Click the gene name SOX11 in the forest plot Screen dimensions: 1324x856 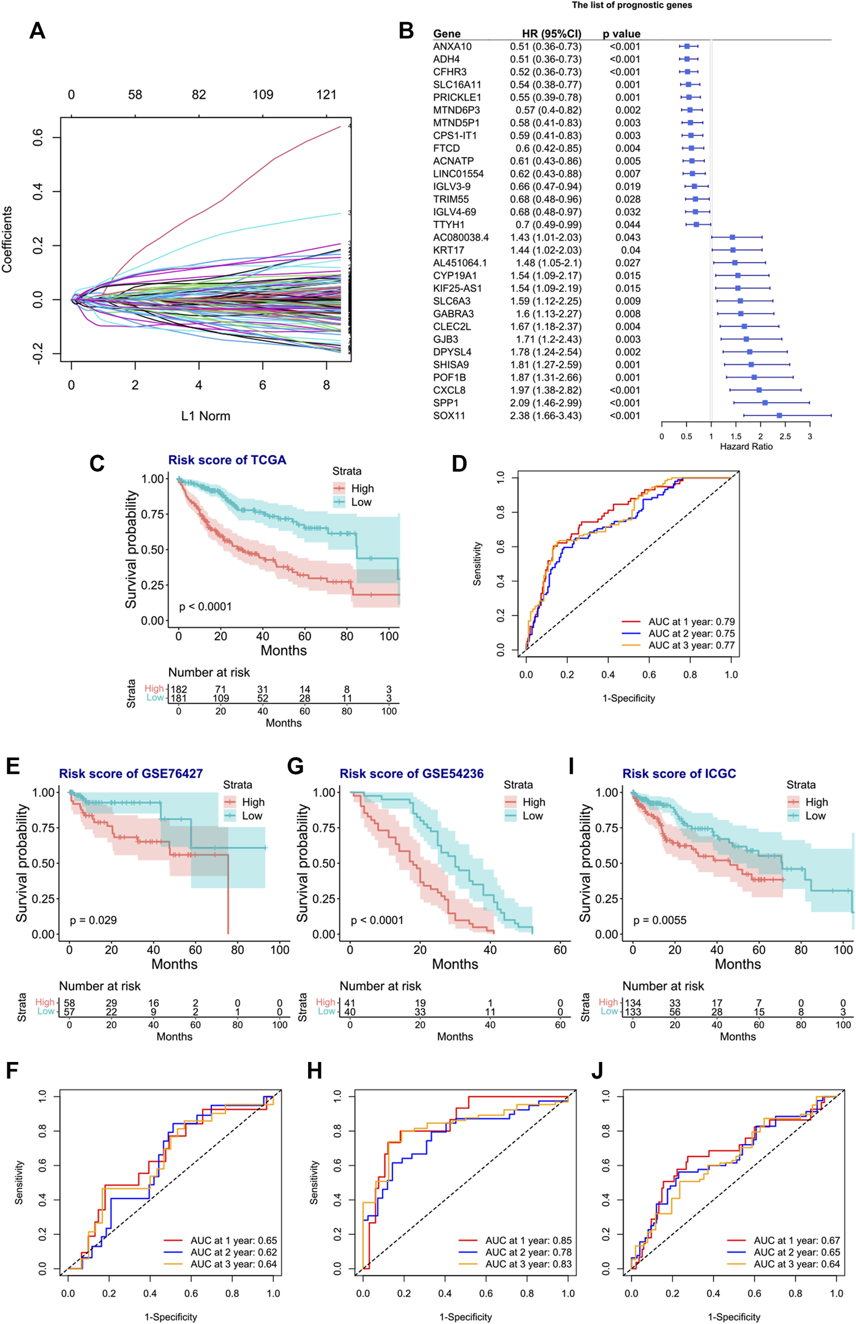coord(449,416)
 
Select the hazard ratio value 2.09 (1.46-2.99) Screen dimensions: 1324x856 coord(545,403)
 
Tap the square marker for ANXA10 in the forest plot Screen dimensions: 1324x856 coord(687,46)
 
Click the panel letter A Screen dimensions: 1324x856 coord(37,31)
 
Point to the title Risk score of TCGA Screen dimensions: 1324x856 coord(227,460)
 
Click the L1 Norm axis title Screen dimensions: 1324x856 coord(205,416)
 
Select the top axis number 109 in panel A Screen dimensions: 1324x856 coord(262,95)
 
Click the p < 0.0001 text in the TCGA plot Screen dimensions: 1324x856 coord(205,606)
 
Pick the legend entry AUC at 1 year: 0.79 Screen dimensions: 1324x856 coord(691,621)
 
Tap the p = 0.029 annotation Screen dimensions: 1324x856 coord(94,920)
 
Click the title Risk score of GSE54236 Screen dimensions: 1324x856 coord(411,773)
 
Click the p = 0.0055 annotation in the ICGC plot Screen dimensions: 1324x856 coord(660,920)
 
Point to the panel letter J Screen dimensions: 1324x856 coord(597,1071)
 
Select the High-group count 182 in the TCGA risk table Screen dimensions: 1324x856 coord(178,690)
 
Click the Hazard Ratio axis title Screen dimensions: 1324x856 coord(746,447)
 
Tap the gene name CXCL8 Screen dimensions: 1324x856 coord(449,390)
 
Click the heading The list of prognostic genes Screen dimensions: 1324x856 coord(632,6)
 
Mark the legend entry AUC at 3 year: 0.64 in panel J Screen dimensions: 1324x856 coord(797,1264)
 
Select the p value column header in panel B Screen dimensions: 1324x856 coord(621,34)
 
